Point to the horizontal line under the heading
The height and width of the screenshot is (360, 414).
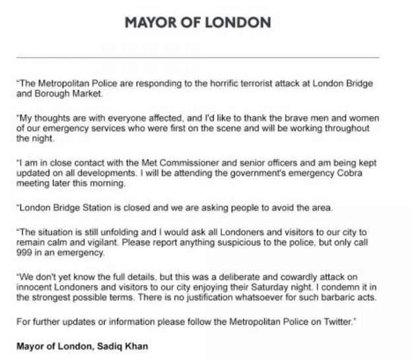[198, 58]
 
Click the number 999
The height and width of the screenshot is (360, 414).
[26, 253]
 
